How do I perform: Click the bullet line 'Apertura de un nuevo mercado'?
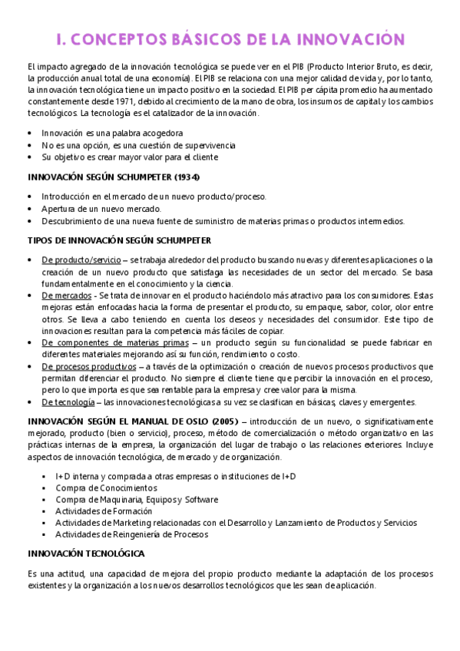pos(101,209)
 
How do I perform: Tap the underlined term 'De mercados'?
pos(65,295)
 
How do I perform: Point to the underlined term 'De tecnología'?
pos(68,402)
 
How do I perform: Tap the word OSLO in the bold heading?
pos(190,421)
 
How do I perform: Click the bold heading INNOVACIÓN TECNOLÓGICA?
pos(91,554)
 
